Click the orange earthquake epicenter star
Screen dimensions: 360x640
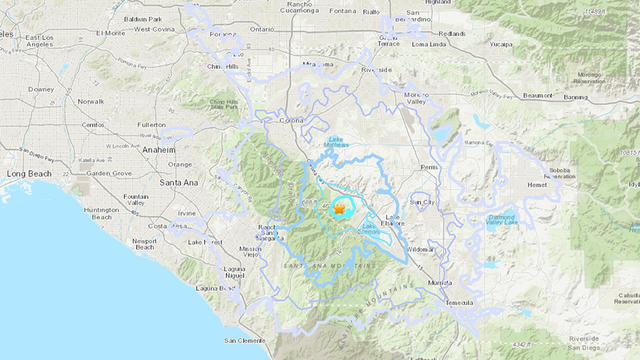click(x=341, y=209)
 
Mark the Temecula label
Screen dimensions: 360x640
click(x=464, y=300)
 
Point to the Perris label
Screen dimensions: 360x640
click(x=429, y=167)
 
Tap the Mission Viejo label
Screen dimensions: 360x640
click(x=250, y=250)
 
